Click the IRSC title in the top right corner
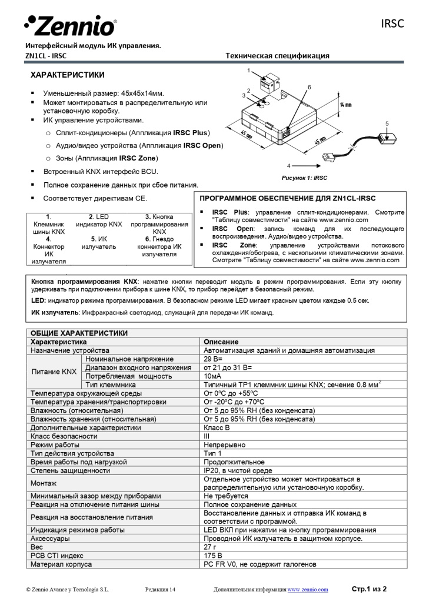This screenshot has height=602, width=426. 392,24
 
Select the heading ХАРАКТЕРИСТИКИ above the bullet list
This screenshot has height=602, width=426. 68,75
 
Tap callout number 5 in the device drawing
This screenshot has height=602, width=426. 387,123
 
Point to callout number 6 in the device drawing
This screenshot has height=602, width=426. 309,87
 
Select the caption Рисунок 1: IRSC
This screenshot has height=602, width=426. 305,177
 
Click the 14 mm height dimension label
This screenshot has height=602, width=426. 345,105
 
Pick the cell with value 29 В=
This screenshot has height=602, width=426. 213,359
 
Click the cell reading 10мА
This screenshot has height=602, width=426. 212,376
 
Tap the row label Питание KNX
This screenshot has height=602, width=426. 54,372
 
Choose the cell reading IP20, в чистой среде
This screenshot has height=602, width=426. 238,470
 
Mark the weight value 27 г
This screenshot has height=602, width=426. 211,547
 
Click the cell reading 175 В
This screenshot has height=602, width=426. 213,556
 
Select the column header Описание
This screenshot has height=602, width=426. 221,342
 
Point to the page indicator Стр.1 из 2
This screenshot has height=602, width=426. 369,588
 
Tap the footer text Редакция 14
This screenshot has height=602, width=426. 160,589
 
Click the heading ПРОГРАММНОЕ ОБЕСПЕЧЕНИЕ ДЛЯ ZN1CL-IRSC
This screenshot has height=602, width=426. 287,198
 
